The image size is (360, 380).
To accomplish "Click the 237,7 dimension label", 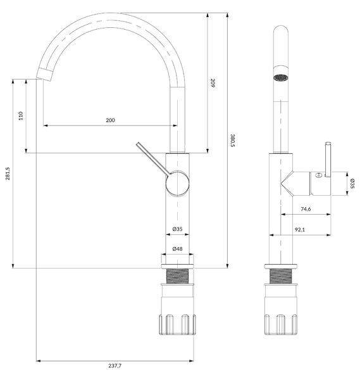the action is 115,365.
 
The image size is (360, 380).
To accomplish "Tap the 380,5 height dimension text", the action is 232,141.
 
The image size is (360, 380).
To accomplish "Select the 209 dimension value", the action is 213,83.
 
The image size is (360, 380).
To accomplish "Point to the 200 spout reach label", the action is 110,120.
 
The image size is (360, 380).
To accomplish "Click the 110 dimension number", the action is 21,116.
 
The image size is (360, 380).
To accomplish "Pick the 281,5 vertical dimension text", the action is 8,174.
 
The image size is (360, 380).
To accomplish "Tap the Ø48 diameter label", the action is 177,249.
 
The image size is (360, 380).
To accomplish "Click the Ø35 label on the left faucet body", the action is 177,229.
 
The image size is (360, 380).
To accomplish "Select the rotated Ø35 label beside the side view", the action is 352,184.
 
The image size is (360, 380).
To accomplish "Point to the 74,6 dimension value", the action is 306,209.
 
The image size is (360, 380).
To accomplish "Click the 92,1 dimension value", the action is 300,229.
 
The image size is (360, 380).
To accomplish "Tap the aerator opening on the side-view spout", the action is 281,77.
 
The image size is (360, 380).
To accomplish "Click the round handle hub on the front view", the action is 177,183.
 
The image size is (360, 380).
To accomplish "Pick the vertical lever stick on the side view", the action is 328,160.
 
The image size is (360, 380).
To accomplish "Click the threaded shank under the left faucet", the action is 177,275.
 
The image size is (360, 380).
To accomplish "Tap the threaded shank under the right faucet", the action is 280,275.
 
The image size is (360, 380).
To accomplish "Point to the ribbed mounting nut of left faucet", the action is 177,324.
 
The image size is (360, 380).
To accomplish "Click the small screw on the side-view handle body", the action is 319,175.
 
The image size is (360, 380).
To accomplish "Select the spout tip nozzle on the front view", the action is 44,74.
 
